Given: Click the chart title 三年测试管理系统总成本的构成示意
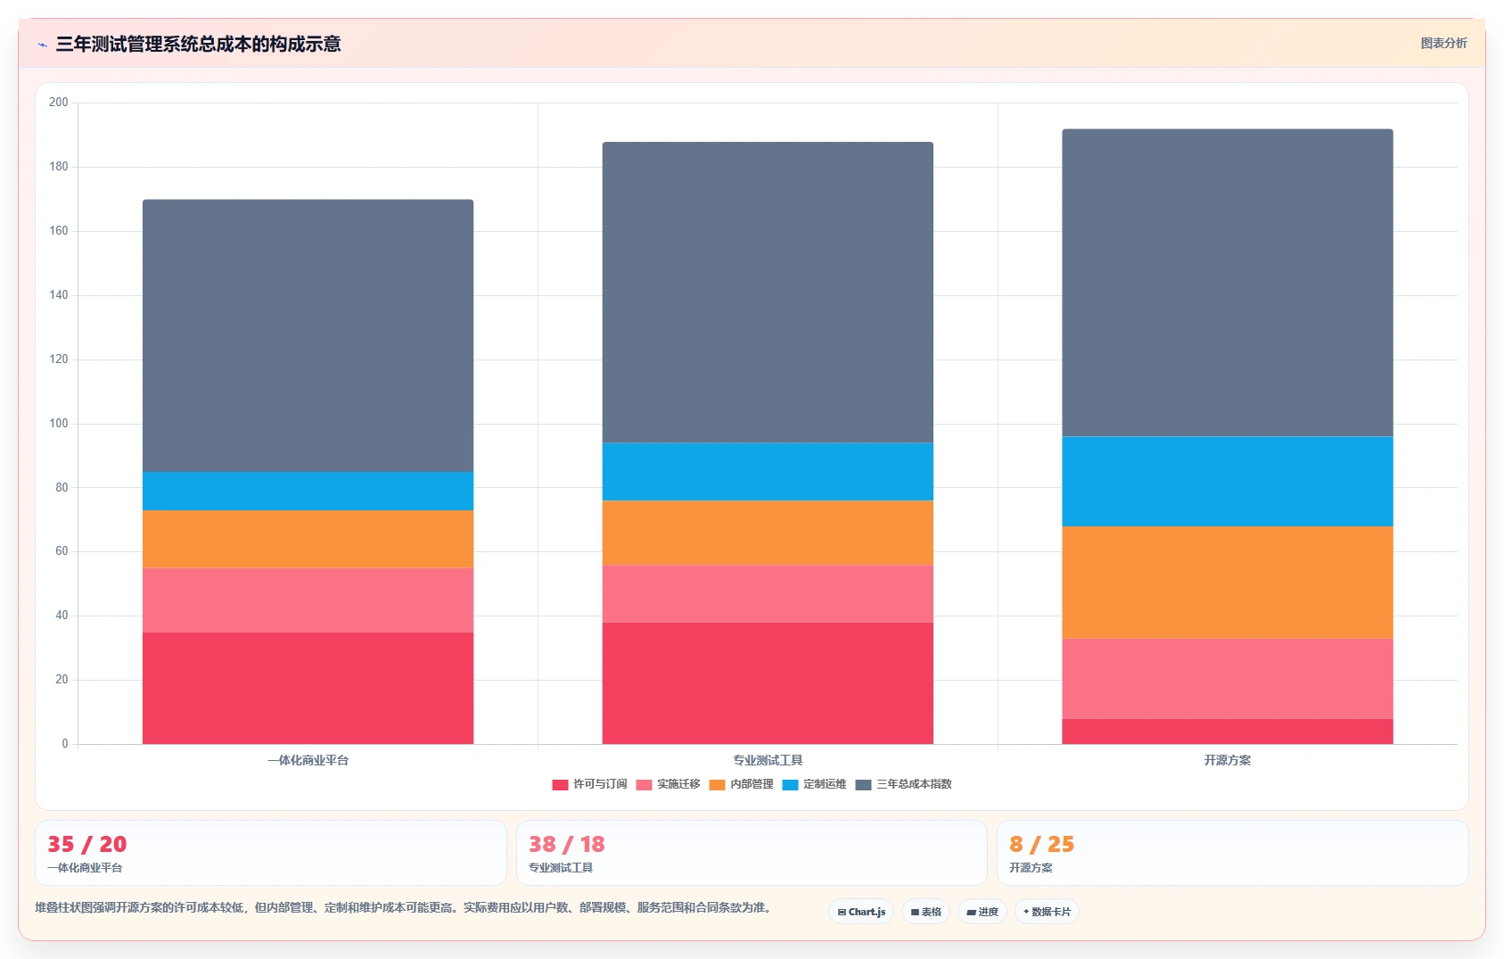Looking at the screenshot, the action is coord(198,45).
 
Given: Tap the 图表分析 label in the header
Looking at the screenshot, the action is coord(1443,44).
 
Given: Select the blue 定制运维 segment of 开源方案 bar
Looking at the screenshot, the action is coord(1228,481).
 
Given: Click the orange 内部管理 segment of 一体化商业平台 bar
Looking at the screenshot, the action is coord(308,539).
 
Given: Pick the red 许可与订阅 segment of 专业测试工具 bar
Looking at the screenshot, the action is coord(768,683).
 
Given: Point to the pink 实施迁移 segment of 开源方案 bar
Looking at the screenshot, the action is coord(1228,679).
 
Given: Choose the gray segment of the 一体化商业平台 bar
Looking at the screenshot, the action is coord(308,335).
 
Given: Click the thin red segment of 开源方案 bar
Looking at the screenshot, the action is coord(1228,732).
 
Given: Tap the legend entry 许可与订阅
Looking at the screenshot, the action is coord(589,784).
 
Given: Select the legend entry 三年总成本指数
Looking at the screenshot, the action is coord(904,784).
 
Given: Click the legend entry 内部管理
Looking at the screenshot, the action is coord(741,784).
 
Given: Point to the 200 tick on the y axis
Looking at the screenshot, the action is coord(59,103).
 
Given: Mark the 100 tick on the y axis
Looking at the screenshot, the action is coord(59,424).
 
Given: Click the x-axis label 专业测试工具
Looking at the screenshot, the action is coord(768,760).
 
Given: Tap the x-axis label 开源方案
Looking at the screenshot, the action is coord(1228,760).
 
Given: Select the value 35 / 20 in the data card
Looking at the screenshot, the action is coord(86,844).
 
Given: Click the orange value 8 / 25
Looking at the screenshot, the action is coord(1041,844).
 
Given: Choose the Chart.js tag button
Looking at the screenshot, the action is coord(861,912).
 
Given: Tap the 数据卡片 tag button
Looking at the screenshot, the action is coord(1047,912).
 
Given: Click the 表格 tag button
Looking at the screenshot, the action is coord(925,912).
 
